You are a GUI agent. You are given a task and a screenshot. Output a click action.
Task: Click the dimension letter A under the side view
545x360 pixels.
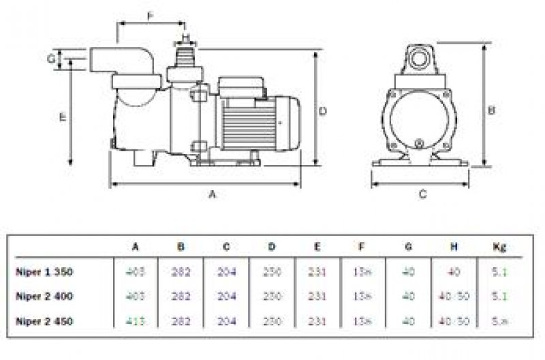tap(212, 195)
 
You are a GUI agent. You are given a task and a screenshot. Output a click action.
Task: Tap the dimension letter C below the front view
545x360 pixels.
tap(422, 195)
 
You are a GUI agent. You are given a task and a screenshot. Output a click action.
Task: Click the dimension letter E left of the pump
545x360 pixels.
tap(63, 117)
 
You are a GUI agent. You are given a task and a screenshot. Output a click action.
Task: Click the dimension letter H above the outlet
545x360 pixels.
tap(185, 35)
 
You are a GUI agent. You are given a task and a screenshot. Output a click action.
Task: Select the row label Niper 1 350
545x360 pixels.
tap(45, 272)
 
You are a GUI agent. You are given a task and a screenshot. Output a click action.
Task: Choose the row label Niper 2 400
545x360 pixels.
tap(45, 296)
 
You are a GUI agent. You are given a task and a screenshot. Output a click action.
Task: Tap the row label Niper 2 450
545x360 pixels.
tap(45, 320)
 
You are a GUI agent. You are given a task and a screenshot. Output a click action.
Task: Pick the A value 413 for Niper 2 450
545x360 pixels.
tap(136, 320)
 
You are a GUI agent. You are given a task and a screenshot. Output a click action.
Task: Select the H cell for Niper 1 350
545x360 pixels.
tap(454, 272)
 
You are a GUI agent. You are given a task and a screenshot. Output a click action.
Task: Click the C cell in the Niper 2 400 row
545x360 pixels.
tap(227, 296)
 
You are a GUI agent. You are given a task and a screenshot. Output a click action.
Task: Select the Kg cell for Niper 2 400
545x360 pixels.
tap(500, 296)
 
